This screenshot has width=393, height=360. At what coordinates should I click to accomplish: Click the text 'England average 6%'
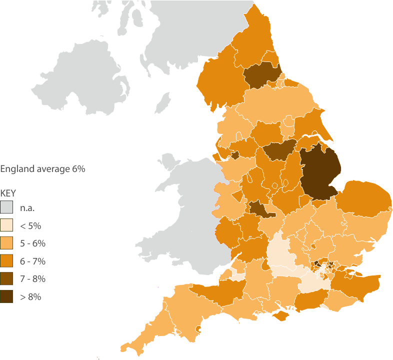pyautogui.click(x=42, y=169)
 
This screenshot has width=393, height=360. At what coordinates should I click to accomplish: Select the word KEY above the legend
pyautogui.click(x=7, y=192)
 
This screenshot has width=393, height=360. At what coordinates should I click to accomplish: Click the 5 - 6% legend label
pyautogui.click(x=33, y=243)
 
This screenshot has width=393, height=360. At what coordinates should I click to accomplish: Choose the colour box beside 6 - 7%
pyautogui.click(x=7, y=261)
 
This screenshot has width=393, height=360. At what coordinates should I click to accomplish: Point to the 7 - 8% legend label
pyautogui.click(x=33, y=278)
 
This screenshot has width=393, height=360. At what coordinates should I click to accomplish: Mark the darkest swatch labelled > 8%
pyautogui.click(x=7, y=296)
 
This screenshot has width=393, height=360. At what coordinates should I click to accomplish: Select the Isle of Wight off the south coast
pyautogui.click(x=282, y=316)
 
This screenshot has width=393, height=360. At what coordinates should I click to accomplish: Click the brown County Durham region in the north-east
pyautogui.click(x=261, y=75)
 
